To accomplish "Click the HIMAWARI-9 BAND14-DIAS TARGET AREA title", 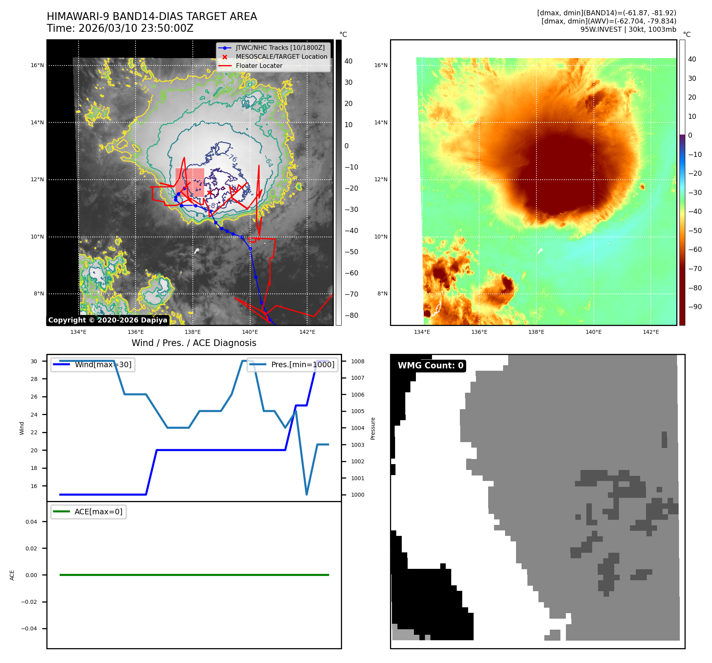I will (x=152, y=16).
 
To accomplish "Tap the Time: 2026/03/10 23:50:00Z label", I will (x=120, y=28).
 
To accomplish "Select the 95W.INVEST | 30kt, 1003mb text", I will (x=628, y=29).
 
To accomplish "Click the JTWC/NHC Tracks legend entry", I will (x=280, y=47).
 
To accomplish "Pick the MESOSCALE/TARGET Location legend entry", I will (x=281, y=56).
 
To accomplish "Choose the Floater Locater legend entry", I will (x=259, y=66).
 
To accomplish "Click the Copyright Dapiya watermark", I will (x=108, y=320).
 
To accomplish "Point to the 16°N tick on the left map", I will (x=37, y=65).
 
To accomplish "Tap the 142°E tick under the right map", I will (x=651, y=332).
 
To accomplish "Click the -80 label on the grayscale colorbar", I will (x=351, y=315).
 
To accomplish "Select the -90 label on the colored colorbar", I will (x=695, y=307).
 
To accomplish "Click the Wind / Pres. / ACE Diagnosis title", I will (x=194, y=343).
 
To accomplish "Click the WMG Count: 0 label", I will (x=430, y=365).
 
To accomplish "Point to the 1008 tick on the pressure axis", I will (x=357, y=361).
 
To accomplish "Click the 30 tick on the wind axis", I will (x=34, y=361).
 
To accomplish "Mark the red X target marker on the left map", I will (x=210, y=192).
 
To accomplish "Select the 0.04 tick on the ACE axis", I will (x=31, y=522).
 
